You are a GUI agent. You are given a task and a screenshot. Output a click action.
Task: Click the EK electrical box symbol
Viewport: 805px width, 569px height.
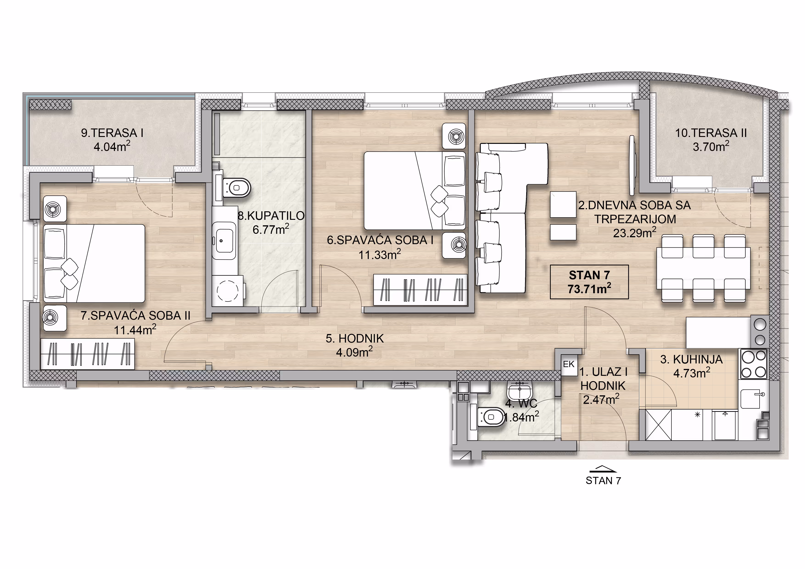569,365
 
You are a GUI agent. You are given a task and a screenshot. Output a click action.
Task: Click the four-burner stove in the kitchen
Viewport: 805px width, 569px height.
753,364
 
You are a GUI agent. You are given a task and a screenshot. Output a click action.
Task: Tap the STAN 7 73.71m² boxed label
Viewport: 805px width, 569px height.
589,282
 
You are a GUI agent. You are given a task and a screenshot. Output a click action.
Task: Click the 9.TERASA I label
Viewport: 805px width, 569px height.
112,133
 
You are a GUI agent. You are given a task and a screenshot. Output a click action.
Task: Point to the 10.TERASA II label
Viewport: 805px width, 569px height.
711,133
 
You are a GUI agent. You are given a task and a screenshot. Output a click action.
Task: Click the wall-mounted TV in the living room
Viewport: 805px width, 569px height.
632,165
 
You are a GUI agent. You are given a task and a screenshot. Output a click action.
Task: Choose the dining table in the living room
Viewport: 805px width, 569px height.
703,268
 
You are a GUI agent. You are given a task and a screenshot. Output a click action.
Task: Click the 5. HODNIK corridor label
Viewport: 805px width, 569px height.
355,338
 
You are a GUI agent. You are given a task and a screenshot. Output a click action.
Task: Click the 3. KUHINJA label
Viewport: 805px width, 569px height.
691,359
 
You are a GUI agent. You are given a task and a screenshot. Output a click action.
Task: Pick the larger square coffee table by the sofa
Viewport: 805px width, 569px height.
563,205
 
